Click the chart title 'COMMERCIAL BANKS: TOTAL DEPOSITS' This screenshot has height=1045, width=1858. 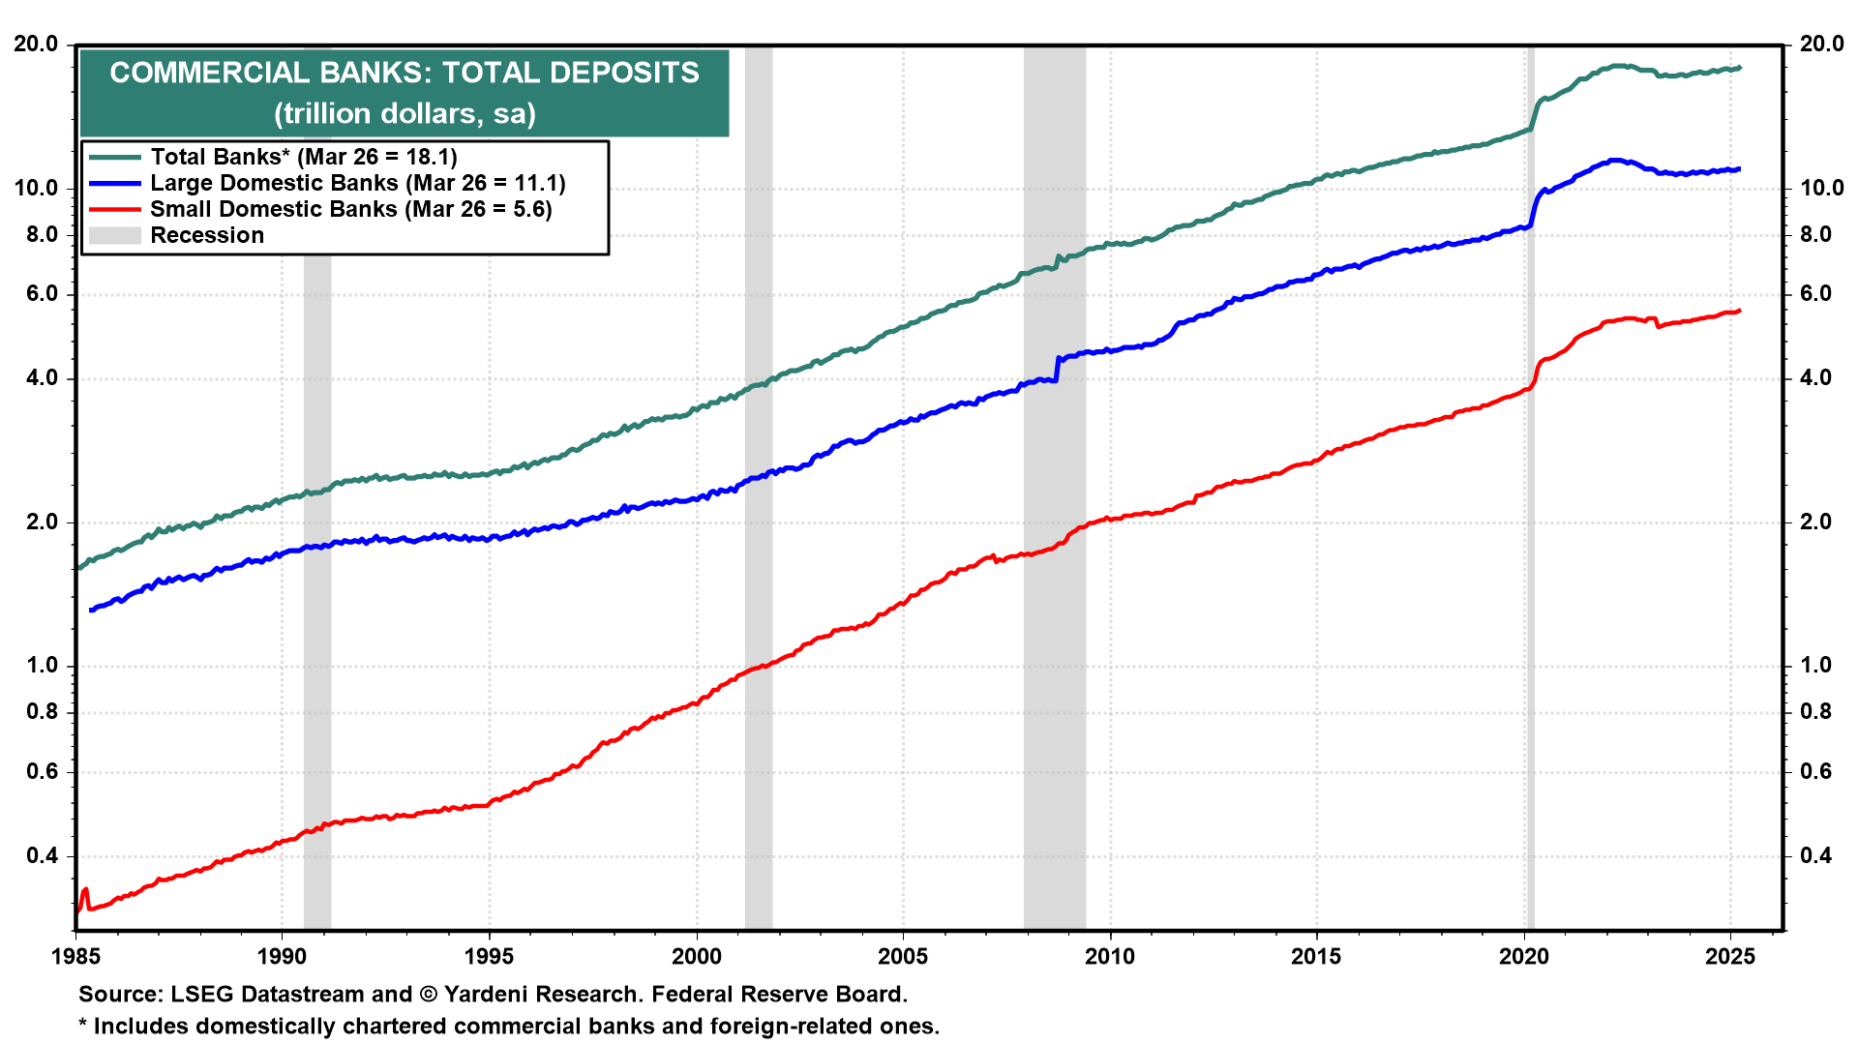(404, 73)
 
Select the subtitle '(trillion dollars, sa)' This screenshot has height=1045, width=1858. (404, 113)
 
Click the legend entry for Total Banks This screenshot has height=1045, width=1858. (303, 157)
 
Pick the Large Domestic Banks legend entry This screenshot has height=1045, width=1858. (357, 183)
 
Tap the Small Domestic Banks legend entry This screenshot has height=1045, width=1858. (350, 209)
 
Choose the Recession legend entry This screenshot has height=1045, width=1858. (206, 235)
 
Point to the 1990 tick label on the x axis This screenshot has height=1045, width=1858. (282, 957)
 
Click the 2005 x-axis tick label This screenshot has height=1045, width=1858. (903, 957)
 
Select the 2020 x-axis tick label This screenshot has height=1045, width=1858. (1524, 957)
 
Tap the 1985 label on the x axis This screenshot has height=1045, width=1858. (75, 957)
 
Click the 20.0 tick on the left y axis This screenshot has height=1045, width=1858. (36, 45)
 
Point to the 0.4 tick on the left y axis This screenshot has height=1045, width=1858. (42, 855)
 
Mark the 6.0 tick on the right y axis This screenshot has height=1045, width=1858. (1815, 294)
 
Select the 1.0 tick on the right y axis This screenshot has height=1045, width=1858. (1815, 666)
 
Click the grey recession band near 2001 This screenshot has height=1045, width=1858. (759, 484)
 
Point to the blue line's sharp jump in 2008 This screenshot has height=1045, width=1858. (1058, 367)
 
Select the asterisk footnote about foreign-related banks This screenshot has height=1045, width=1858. (509, 1027)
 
